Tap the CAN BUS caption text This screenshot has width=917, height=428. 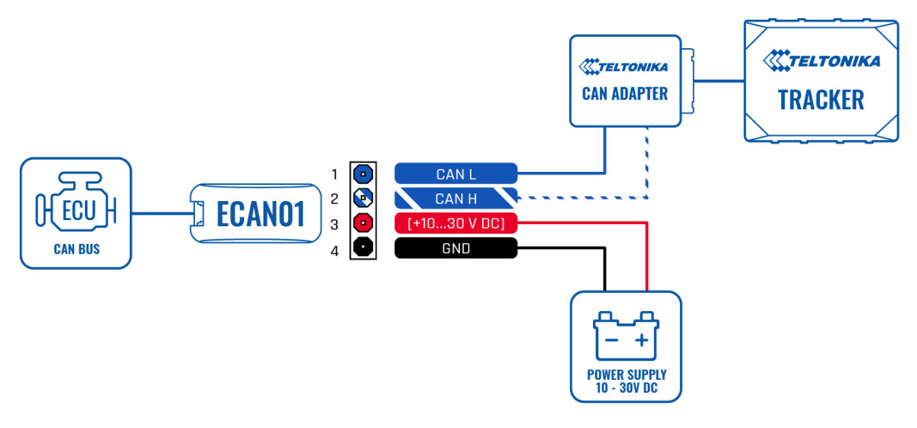pyautogui.click(x=76, y=250)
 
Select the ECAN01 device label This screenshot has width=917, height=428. pyautogui.click(x=261, y=215)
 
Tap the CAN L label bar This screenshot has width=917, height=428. pyautogui.click(x=456, y=174)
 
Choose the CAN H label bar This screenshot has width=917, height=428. pyautogui.click(x=456, y=199)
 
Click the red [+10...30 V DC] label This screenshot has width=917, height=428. pyautogui.click(x=456, y=223)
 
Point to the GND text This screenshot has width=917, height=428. pyautogui.click(x=456, y=248)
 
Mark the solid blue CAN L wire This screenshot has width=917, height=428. pyautogui.click(x=565, y=173)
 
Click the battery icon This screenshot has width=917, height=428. pyautogui.click(x=626, y=336)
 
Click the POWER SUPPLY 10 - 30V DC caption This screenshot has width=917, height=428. pyautogui.click(x=626, y=381)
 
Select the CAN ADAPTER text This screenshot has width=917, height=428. pyautogui.click(x=624, y=94)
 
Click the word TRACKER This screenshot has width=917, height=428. pyautogui.click(x=821, y=100)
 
